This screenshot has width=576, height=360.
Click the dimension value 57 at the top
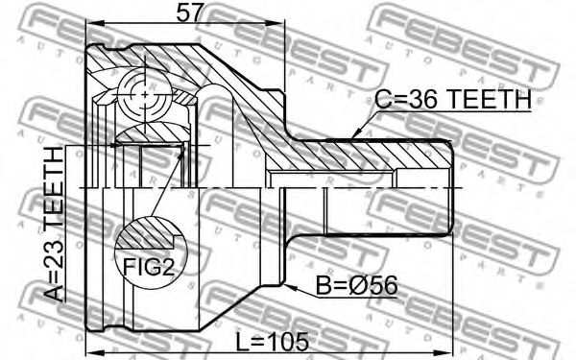click(189, 14)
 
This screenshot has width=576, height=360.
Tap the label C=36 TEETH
click(453, 99)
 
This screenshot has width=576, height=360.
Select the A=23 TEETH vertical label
click(54, 224)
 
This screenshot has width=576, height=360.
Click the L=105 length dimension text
click(272, 341)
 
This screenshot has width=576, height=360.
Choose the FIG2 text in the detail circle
click(149, 267)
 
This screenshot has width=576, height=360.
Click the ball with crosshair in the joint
click(145, 95)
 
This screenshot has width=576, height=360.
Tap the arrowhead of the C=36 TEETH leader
click(356, 133)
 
